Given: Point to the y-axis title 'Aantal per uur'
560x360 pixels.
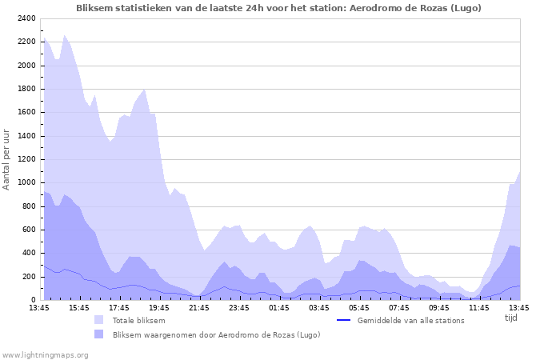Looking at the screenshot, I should point(7,158).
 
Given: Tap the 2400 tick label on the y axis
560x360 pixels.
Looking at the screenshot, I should point(26,18).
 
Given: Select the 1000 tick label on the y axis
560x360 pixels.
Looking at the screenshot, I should point(26,182).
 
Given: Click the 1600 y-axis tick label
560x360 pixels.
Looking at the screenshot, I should point(26,112).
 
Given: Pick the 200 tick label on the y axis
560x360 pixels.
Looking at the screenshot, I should point(28,277).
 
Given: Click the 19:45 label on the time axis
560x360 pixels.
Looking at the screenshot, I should point(159,307).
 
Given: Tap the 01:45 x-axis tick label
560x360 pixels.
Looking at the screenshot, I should point(279,307).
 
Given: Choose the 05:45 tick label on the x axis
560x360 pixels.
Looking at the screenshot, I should point(359,307).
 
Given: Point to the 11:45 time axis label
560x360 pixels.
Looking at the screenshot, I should point(479,307).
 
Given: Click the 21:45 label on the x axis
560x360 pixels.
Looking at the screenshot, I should point(199,307).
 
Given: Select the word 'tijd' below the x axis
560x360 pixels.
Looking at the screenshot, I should point(511,318).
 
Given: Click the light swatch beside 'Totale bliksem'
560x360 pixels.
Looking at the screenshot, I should point(99,320).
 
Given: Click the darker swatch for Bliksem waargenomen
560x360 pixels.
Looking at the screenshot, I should point(99,334).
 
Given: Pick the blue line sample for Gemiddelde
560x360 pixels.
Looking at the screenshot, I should point(344,320).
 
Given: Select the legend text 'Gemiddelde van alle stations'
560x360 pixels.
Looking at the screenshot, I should point(410,320).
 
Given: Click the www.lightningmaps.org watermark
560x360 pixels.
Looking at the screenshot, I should point(45,354).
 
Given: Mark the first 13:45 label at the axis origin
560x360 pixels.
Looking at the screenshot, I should point(39,307).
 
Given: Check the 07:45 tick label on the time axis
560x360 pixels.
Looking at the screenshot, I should point(399,307).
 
